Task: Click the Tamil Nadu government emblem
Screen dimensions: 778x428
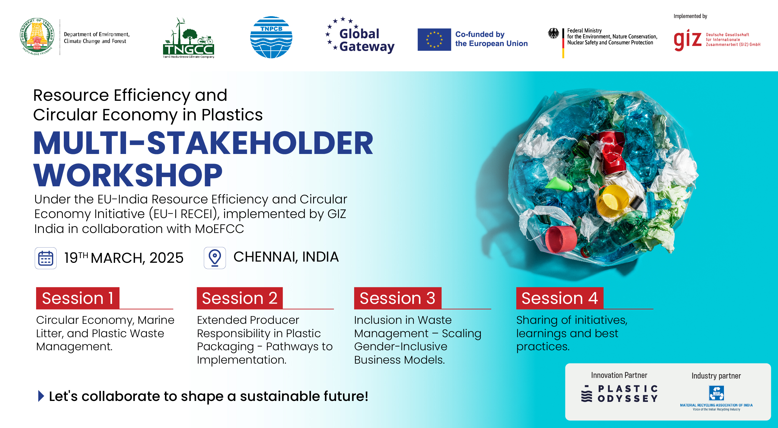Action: click(x=37, y=37)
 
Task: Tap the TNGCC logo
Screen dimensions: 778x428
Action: click(x=189, y=38)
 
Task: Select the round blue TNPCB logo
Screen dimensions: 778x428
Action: click(x=271, y=37)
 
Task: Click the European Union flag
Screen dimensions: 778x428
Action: click(x=434, y=40)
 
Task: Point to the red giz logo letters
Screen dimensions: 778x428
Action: click(x=687, y=40)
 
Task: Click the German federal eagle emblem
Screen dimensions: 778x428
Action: click(x=553, y=33)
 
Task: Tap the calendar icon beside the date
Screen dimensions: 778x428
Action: click(x=46, y=258)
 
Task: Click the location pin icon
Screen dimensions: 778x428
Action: click(x=215, y=258)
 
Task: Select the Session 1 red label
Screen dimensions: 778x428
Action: click(x=78, y=298)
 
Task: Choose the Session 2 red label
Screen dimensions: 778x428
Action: click(x=240, y=298)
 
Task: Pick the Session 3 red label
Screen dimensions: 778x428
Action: click(x=398, y=298)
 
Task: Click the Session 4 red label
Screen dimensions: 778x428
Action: click(x=560, y=298)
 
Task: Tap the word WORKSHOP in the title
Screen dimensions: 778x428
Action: click(x=128, y=175)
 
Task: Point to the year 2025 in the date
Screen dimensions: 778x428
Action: click(x=166, y=258)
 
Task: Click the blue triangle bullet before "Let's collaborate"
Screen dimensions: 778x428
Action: click(x=41, y=396)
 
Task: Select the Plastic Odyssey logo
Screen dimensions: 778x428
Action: click(x=620, y=393)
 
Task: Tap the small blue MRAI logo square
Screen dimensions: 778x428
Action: click(x=716, y=393)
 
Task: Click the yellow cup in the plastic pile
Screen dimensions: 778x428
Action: click(x=612, y=201)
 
